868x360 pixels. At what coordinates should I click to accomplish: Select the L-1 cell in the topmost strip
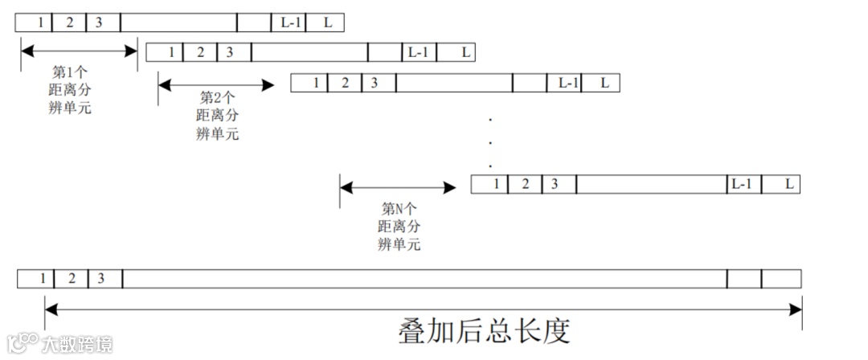click(x=289, y=22)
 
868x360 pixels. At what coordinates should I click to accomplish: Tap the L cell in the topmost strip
click(x=327, y=22)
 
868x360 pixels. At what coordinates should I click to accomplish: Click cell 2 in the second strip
click(x=200, y=53)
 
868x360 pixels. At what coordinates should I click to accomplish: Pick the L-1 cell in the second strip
click(x=418, y=53)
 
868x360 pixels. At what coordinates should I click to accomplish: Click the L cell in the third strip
click(x=604, y=83)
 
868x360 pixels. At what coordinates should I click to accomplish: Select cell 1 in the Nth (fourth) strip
click(x=496, y=184)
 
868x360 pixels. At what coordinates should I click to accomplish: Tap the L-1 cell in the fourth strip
click(x=741, y=184)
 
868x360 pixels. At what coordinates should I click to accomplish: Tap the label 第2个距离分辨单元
click(x=217, y=116)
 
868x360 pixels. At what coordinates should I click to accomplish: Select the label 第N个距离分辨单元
click(x=399, y=226)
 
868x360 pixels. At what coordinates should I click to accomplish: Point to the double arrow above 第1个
click(x=80, y=51)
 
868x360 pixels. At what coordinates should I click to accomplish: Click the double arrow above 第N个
click(x=398, y=189)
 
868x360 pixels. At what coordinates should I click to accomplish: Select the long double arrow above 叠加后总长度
click(x=424, y=309)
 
